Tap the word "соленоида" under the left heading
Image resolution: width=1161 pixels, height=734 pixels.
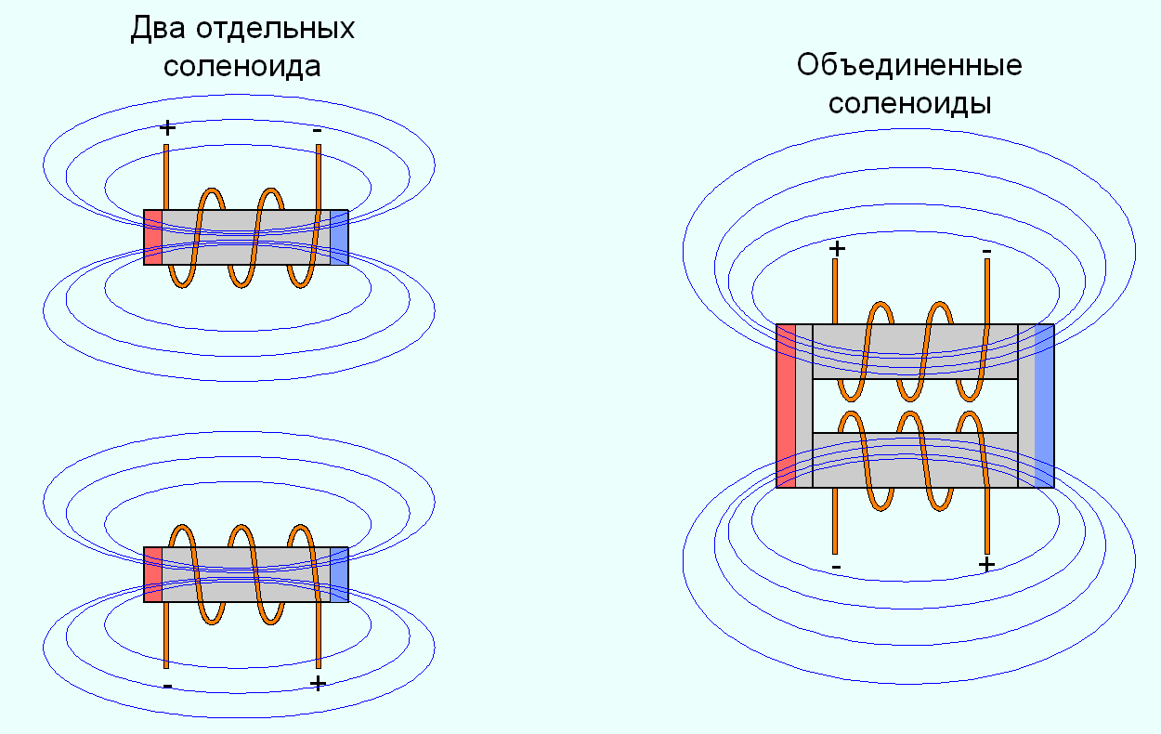(x=242, y=66)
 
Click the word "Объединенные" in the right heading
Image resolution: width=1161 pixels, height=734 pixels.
(x=909, y=66)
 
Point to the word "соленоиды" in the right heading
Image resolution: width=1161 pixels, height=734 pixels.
(x=909, y=103)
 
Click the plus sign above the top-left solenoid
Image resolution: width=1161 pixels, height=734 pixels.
(x=167, y=128)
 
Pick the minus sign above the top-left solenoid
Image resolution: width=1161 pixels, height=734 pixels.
(x=318, y=130)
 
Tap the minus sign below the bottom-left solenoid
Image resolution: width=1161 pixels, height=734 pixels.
(x=166, y=687)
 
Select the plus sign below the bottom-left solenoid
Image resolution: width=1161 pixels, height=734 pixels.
(x=318, y=684)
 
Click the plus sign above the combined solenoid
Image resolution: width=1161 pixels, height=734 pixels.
(x=837, y=248)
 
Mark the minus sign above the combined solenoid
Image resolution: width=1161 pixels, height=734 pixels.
(x=986, y=251)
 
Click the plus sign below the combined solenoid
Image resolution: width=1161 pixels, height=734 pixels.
(x=986, y=564)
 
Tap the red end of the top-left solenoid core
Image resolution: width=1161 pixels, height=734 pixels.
(x=152, y=237)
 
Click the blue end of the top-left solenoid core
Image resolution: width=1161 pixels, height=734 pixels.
(x=339, y=237)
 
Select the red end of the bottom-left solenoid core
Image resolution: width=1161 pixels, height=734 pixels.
(x=152, y=573)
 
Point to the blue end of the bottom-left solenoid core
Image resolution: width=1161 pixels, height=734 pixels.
(x=339, y=573)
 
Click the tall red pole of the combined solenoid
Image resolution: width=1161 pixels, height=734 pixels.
(x=786, y=405)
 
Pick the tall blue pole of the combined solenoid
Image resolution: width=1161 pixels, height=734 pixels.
(x=1044, y=405)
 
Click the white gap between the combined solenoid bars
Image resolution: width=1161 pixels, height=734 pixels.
(x=915, y=406)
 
